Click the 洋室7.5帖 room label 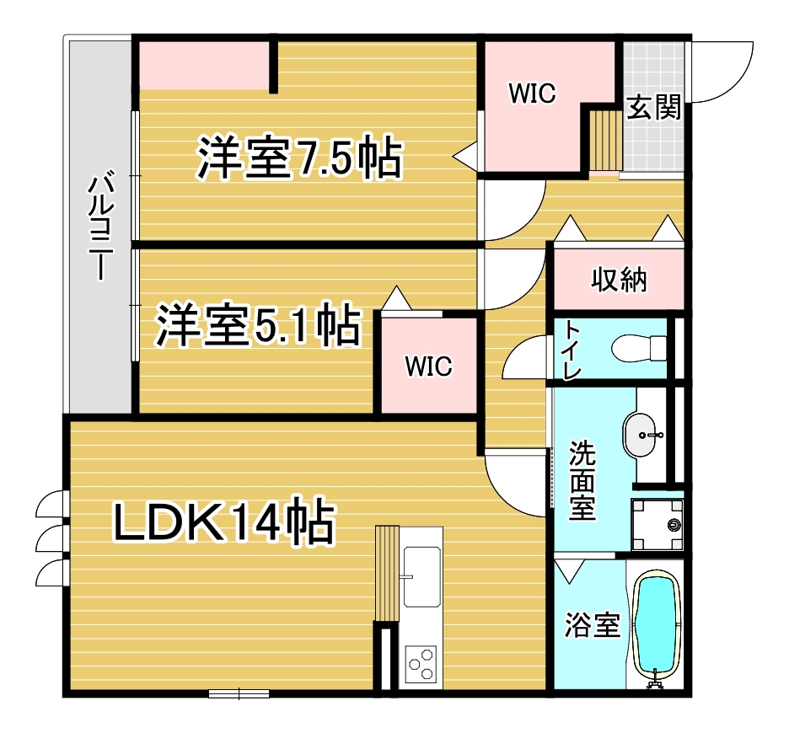click(x=299, y=158)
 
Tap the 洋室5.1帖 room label click(x=258, y=326)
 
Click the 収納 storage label click(x=618, y=279)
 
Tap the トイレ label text click(x=572, y=350)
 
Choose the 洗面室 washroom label click(x=582, y=481)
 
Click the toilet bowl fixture click(x=638, y=347)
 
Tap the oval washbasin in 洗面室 click(x=644, y=435)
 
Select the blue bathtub click(x=657, y=623)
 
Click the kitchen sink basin click(x=421, y=576)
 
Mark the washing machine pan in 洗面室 click(x=657, y=525)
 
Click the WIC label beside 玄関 click(x=532, y=94)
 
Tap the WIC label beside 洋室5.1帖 click(x=428, y=366)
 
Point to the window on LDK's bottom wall click(x=239, y=693)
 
